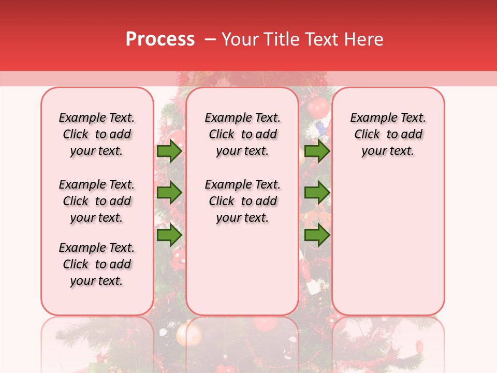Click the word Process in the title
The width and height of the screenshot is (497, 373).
[x=160, y=39]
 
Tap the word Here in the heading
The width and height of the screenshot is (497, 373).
[x=364, y=39]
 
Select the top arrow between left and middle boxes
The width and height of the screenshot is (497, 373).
[x=169, y=151]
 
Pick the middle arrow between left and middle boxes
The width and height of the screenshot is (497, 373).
[x=169, y=193]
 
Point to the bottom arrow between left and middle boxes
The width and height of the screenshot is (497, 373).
[x=169, y=235]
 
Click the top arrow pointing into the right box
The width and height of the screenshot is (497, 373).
[x=317, y=151]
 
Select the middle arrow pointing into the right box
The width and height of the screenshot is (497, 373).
[x=317, y=193]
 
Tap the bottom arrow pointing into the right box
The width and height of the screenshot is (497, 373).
[x=317, y=235]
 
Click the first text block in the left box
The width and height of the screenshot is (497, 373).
[x=97, y=134]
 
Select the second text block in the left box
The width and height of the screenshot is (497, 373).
[x=97, y=201]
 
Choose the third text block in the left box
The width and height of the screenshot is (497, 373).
[x=97, y=264]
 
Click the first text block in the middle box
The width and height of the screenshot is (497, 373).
[x=242, y=134]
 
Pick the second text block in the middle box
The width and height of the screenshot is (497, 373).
[x=242, y=201]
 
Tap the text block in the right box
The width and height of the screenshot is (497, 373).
[x=388, y=134]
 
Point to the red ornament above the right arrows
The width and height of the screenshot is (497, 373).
[x=317, y=108]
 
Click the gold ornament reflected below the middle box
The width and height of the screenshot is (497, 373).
[x=188, y=334]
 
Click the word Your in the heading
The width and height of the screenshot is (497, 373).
[x=241, y=39]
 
